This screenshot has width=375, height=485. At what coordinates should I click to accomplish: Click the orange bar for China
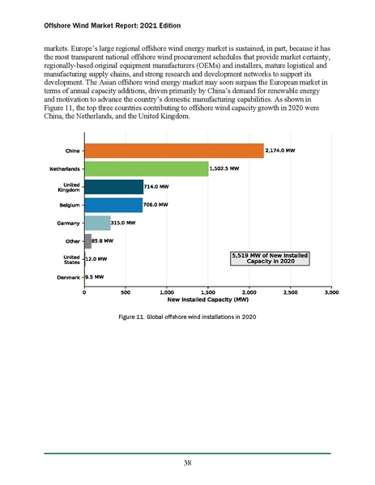(x=173, y=151)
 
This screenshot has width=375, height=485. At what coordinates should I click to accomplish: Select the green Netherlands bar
(x=146, y=168)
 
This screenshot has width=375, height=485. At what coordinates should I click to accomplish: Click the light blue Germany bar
(x=97, y=223)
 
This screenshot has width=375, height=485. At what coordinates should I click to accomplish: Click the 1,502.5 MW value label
(x=224, y=168)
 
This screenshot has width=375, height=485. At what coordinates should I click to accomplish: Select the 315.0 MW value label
(x=124, y=223)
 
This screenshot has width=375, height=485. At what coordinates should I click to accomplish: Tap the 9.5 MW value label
(x=95, y=277)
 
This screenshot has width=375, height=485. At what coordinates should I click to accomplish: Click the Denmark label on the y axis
(x=67, y=277)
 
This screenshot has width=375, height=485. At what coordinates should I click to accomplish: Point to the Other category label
(x=71, y=241)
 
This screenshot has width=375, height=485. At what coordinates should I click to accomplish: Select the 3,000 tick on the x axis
(x=330, y=291)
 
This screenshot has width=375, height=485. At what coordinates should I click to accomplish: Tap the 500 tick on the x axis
(x=126, y=291)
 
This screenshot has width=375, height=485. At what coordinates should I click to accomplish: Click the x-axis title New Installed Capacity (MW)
(x=207, y=299)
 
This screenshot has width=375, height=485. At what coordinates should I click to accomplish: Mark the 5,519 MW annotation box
(x=270, y=258)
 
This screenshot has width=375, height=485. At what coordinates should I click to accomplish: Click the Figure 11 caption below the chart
(x=187, y=316)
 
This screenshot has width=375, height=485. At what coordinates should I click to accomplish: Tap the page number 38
(x=187, y=464)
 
